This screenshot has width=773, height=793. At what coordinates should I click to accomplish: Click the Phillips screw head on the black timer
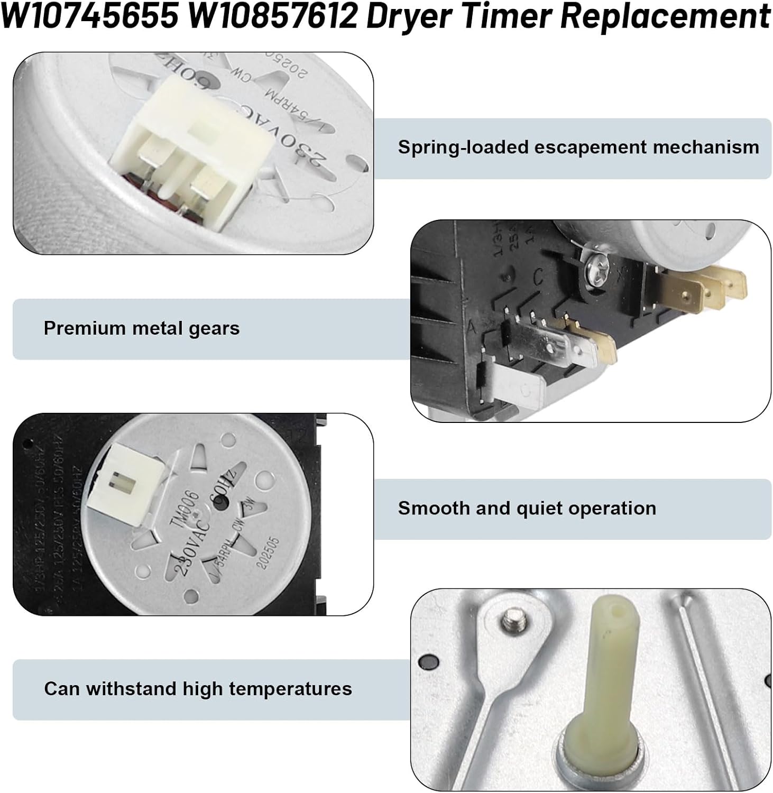[593, 272]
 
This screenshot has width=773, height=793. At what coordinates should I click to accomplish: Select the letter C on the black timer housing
[538, 277]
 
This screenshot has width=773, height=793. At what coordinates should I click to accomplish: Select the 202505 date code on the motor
[268, 554]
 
